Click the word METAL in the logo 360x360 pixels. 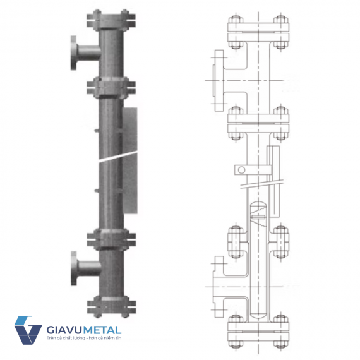click(102, 330)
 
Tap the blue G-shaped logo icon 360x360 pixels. click(28, 330)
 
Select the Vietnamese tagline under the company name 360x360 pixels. click(84, 338)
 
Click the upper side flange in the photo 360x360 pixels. click(74, 53)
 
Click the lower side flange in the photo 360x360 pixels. click(74, 268)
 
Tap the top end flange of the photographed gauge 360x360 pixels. click(111, 21)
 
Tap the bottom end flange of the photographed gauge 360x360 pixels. click(111, 306)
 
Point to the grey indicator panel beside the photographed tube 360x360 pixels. click(130, 160)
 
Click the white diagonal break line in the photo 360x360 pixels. click(118, 157)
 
